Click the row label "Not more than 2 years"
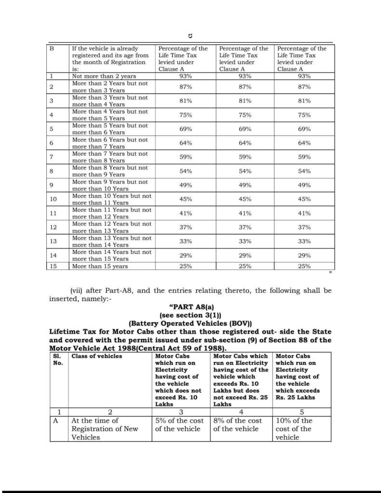tap(104, 76)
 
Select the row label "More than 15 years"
tap(100, 266)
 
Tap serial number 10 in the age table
tap(53, 199)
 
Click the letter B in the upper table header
tap(52, 49)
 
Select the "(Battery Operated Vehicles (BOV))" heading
tap(190, 323)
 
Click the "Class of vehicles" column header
tap(97, 356)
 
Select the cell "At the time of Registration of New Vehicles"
tap(105, 428)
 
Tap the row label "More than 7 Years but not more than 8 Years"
tap(110, 157)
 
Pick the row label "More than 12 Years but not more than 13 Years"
tap(112, 227)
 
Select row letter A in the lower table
tap(59, 421)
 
